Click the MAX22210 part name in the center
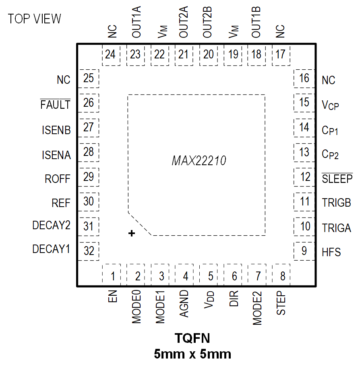[x=199, y=161]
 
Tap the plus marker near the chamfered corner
[x=131, y=233]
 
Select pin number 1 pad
[x=113, y=276]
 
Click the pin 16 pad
[x=304, y=78]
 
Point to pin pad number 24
[x=110, y=54]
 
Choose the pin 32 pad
[x=89, y=251]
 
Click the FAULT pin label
[x=56, y=105]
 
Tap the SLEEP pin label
[x=337, y=178]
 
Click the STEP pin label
[x=282, y=303]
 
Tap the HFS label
[x=331, y=253]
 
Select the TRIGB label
[x=337, y=203]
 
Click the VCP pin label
[x=330, y=106]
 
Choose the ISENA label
[x=56, y=155]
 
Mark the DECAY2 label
[x=52, y=226]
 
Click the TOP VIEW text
[x=35, y=19]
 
